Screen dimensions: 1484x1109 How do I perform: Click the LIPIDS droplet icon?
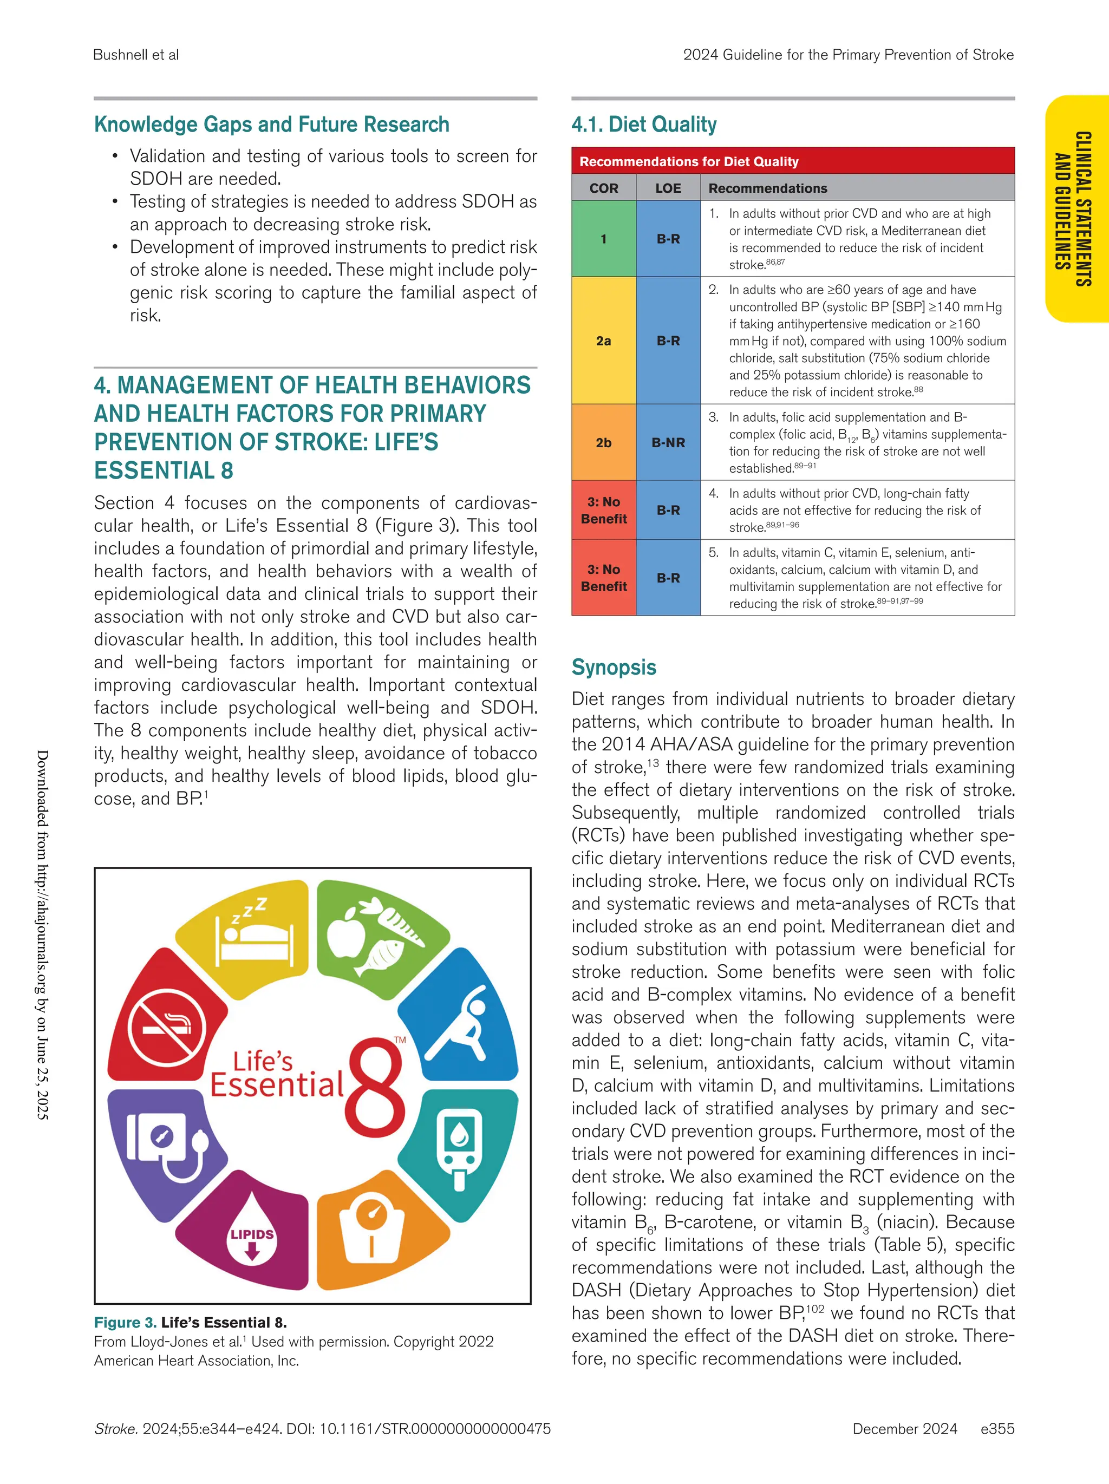click(x=252, y=1237)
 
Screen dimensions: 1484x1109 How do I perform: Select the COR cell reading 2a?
click(x=603, y=341)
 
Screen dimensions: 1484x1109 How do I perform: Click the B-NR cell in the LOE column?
click(x=668, y=443)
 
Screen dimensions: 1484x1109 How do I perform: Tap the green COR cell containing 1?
click(x=603, y=239)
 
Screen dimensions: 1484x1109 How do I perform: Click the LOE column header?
click(x=668, y=188)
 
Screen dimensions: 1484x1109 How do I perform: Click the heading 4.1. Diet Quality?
click(x=643, y=125)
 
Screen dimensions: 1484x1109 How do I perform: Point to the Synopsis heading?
click(x=613, y=668)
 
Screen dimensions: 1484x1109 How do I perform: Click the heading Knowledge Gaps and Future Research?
click(x=271, y=125)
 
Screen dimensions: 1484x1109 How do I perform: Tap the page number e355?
click(x=997, y=1429)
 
